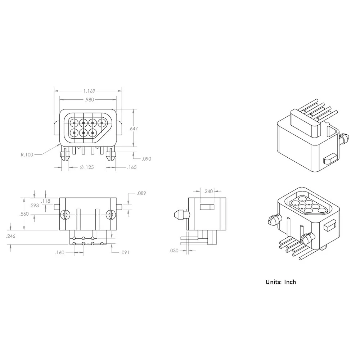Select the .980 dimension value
pyautogui.click(x=89, y=100)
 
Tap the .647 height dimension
pyautogui.click(x=134, y=128)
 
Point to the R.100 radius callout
pyautogui.click(x=27, y=154)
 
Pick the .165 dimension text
pyautogui.click(x=132, y=167)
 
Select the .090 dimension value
pyautogui.click(x=147, y=158)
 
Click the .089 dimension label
pyautogui.click(x=141, y=194)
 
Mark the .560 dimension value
pyautogui.click(x=24, y=214)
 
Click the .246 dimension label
pyautogui.click(x=11, y=236)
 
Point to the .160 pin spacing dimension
pyautogui.click(x=59, y=252)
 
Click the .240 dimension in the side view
pyautogui.click(x=208, y=192)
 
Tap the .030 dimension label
pyautogui.click(x=174, y=251)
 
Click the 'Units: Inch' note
pyautogui.click(x=280, y=282)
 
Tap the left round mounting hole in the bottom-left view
pyautogui.click(x=65, y=215)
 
